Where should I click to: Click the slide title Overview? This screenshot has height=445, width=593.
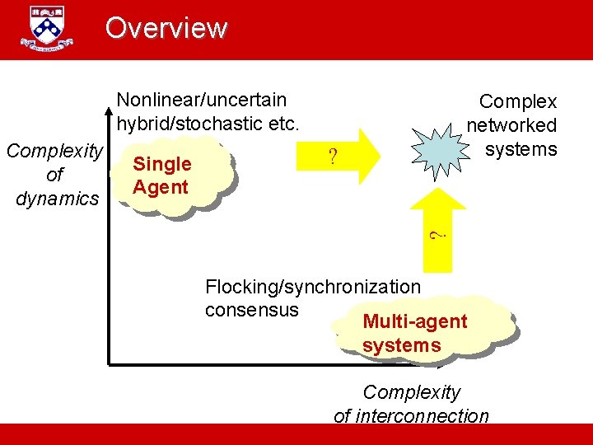point(166,28)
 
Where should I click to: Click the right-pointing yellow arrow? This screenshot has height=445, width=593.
point(346,155)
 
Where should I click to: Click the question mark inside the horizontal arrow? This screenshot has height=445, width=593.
point(333,157)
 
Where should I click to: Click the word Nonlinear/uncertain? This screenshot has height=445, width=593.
point(202,101)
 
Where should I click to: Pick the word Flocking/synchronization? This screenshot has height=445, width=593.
point(312,287)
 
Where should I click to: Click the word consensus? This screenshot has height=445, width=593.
point(252,309)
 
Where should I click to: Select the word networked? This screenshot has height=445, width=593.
point(511,125)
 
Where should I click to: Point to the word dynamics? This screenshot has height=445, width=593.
point(57,198)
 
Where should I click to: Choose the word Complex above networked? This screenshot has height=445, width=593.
point(518,101)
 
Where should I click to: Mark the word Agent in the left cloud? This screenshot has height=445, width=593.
point(161,187)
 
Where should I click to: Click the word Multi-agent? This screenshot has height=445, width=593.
point(414,321)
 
